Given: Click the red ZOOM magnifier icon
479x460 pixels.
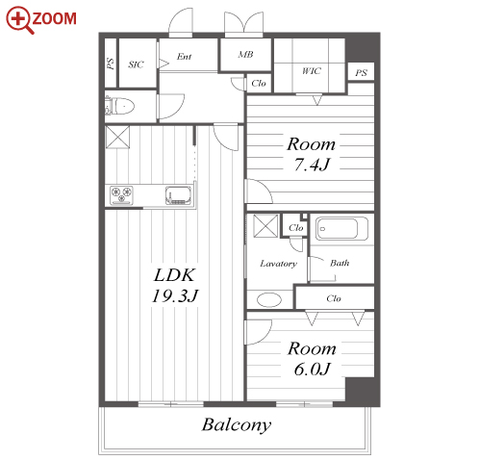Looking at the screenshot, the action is pos(20,20).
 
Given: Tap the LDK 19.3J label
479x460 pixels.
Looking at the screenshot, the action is pos(175,285).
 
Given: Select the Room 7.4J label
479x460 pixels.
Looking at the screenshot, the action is pos(312,154).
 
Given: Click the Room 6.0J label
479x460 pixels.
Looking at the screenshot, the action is pos(312,358).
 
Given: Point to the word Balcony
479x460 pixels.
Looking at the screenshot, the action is pos(237,424).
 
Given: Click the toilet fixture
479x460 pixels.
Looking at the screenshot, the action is pos(119,106).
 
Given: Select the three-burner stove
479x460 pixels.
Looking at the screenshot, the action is pos(121,195).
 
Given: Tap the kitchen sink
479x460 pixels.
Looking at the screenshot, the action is pos(178,195).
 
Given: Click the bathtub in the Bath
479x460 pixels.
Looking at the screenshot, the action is pos(341,228).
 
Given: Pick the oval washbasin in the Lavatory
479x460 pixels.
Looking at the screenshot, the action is pos(269,300).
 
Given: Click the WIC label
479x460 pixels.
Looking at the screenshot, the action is pos(312,70).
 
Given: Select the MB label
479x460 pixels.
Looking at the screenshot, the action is pos(245,55).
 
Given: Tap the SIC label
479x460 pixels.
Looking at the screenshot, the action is pos(136,64).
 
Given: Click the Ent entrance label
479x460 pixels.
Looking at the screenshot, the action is pos(185,57).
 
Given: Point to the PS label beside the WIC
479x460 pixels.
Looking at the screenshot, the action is pos(361,73).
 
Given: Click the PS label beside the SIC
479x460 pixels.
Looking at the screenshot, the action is pos(111,64).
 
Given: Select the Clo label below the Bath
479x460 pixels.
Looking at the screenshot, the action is pos(334,298).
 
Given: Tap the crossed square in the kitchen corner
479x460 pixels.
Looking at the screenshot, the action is pos(117,137).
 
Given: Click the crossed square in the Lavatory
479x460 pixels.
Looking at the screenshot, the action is pos(265,226).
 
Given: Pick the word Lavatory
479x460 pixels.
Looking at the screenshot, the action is pos(278,264).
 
